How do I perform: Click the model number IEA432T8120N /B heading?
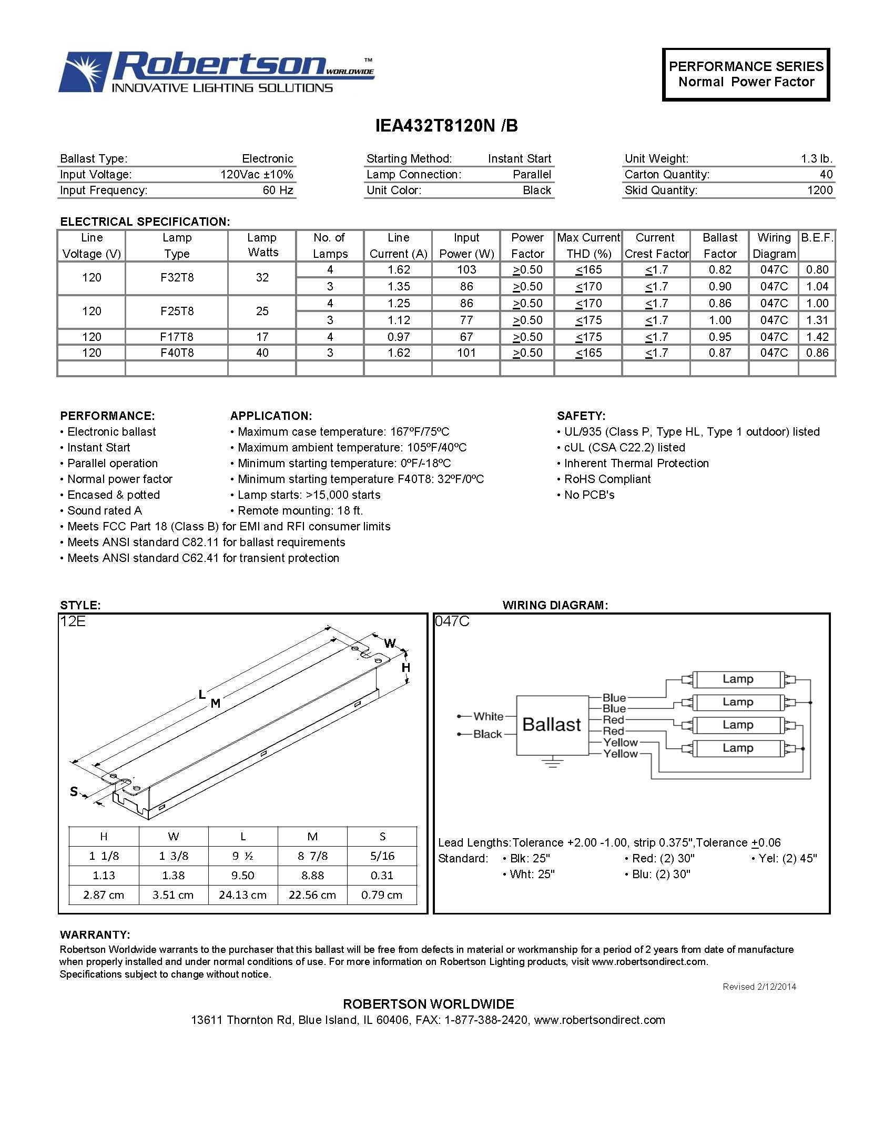point(446,126)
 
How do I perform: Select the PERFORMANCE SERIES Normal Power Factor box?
point(745,74)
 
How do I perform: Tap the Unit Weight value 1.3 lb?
point(816,158)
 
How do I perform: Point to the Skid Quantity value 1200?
point(819,190)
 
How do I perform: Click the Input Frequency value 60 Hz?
point(278,190)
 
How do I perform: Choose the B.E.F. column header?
point(817,238)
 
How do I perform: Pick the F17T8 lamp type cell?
point(177,337)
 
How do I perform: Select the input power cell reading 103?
point(466,270)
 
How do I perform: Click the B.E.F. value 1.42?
point(817,337)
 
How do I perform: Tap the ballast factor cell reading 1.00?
point(719,320)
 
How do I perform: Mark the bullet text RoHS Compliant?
point(607,479)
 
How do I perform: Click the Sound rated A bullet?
point(104,510)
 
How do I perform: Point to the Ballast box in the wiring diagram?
point(552,725)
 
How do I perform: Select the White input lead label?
point(488,716)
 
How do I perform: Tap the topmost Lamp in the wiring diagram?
point(737,679)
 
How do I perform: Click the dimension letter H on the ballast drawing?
point(405,668)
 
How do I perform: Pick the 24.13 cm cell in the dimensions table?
point(242,895)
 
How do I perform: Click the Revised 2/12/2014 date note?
point(759,987)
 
